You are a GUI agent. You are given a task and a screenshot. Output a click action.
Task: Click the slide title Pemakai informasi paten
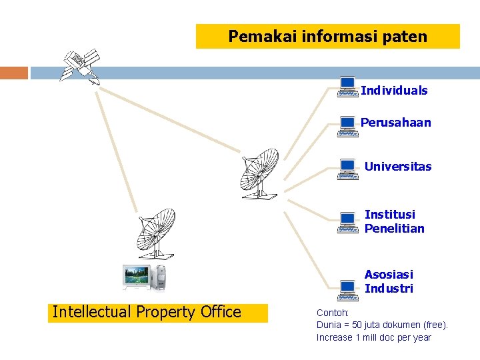327,37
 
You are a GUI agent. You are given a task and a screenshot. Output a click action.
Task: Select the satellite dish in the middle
259,173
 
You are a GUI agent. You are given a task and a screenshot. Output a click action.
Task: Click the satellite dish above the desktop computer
155,233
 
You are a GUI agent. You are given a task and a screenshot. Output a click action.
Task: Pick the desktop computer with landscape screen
143,277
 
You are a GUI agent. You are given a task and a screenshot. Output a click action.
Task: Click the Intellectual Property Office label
147,312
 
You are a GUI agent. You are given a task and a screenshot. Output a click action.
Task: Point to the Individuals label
394,91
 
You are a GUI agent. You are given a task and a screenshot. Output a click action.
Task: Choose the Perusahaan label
395,123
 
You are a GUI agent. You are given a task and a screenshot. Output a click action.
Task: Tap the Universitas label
398,167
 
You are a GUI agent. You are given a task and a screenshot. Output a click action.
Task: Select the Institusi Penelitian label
394,221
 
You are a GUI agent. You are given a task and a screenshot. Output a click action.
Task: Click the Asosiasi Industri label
389,281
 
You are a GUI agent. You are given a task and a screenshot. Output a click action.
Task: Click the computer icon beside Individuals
347,87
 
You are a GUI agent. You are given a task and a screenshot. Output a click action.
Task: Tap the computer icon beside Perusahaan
347,126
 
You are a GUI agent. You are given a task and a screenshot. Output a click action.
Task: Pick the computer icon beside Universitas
347,169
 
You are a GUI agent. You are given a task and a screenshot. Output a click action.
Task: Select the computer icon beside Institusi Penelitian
347,223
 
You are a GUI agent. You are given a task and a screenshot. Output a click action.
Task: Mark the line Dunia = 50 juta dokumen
382,325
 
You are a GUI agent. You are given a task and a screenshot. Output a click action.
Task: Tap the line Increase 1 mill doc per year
373,337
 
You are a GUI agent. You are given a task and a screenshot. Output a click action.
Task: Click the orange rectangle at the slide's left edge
14,73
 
